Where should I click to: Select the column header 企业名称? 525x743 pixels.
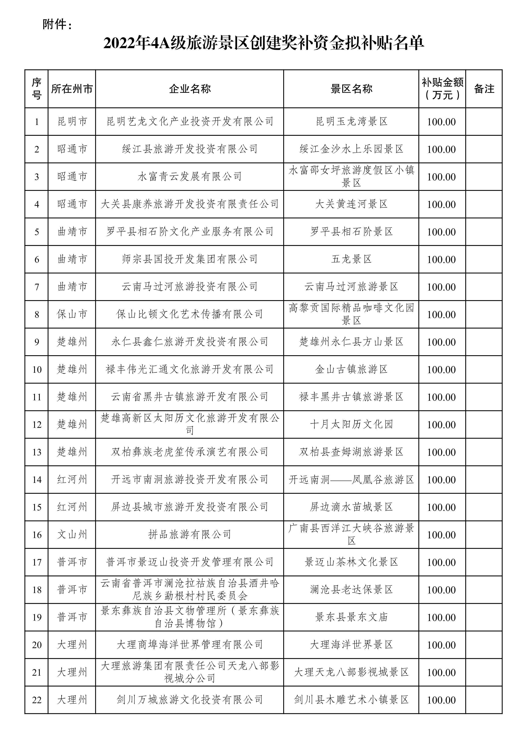tap(189, 89)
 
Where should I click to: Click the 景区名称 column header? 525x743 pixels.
tap(351, 89)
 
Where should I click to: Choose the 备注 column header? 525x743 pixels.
tap(484, 89)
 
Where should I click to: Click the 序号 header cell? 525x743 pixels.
tap(37, 89)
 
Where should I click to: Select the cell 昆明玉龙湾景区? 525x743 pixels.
tap(351, 122)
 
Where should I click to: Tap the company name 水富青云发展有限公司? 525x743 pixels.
tap(189, 177)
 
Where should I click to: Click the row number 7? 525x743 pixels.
tap(37, 287)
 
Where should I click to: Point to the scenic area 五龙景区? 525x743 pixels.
tap(351, 259)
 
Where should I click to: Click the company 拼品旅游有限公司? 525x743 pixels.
tap(189, 534)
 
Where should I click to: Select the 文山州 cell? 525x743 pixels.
tap(72, 534)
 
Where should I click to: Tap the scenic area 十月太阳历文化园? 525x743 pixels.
tap(351, 424)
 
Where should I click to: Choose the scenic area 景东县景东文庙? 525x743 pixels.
tap(351, 617)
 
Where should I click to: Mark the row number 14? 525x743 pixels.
tap(37, 479)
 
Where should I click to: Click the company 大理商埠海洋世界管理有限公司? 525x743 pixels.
tap(189, 645)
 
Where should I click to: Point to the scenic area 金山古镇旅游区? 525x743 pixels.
tap(351, 369)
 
